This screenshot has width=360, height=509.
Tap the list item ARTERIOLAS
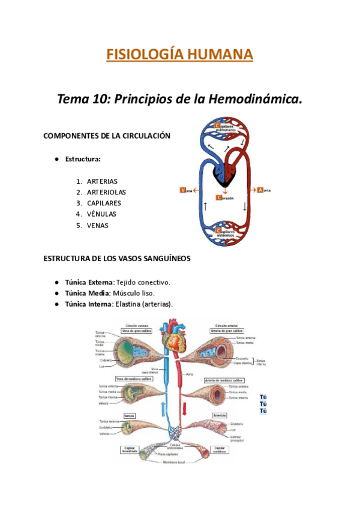[106, 192]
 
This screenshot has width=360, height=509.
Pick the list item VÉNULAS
[101, 214]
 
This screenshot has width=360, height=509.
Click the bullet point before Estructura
[55, 159]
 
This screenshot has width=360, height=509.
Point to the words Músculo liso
[134, 293]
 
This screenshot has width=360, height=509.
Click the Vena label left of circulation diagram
[187, 190]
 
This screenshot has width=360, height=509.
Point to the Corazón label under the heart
[225, 197]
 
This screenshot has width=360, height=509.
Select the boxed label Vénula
[129, 415]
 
